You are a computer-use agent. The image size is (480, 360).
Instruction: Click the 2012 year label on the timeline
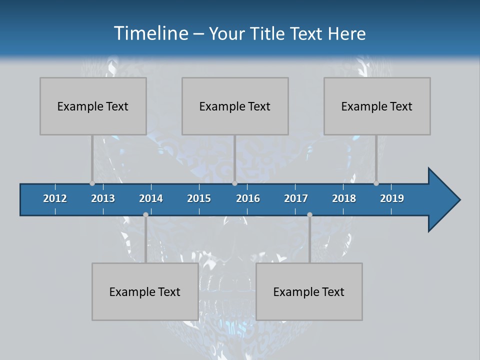coord(55,198)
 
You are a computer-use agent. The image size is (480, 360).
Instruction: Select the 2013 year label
coord(103,198)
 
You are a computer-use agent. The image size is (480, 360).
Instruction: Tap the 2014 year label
coord(151,198)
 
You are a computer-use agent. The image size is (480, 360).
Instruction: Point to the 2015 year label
coord(199,198)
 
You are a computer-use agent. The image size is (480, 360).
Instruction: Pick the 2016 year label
coord(248,198)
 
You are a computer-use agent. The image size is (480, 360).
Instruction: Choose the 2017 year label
coord(296,198)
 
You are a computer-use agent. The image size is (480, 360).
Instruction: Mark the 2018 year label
coord(344,198)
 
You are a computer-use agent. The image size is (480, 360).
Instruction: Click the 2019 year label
coord(392,198)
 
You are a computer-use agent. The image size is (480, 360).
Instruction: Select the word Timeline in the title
coord(150,33)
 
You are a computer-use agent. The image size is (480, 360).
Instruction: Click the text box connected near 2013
coord(93,106)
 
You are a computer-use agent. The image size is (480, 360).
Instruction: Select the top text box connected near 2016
coord(235,106)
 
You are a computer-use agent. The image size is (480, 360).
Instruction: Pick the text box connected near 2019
coord(377,106)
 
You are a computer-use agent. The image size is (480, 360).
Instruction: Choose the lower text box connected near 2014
coord(145,291)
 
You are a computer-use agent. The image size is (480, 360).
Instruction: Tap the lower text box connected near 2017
coord(309,291)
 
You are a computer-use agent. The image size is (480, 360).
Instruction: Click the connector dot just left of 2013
coord(92,183)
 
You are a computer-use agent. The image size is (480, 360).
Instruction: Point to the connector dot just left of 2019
coord(376,183)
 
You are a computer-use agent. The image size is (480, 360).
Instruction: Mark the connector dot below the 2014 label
coord(145,215)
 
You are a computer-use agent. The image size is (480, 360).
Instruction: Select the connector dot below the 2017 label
coord(309,215)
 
